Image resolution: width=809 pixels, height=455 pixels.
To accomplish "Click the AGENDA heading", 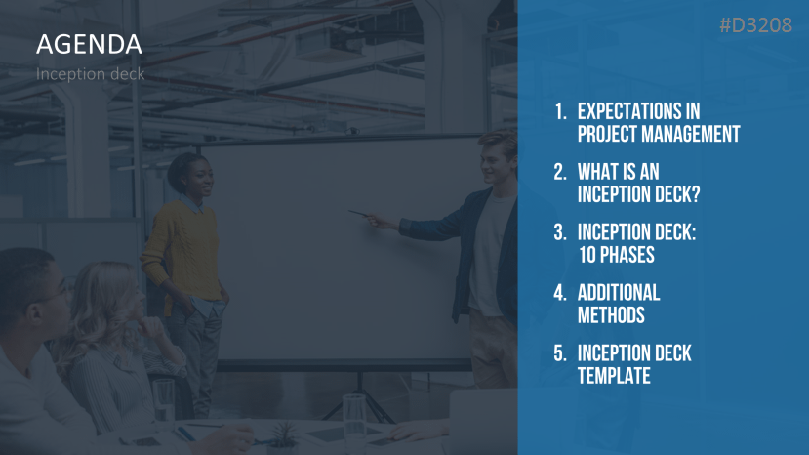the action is click(x=89, y=44).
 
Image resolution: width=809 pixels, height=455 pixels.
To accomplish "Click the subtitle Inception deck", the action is click(x=91, y=74).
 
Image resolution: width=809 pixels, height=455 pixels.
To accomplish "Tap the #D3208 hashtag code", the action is click(x=756, y=25).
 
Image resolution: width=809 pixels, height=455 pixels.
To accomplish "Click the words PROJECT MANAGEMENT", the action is click(x=659, y=135).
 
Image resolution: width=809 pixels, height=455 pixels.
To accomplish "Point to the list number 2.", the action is click(x=560, y=172).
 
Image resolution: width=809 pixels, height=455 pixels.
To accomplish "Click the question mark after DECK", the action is click(x=695, y=194).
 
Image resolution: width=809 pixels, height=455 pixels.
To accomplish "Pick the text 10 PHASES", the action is click(x=617, y=255).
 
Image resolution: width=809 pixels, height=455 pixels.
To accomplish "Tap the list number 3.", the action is click(x=560, y=232).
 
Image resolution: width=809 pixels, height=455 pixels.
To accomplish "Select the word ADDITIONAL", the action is click(x=619, y=293).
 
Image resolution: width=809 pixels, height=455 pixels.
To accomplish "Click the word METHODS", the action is click(x=611, y=315).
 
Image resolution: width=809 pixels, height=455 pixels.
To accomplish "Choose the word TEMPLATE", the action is click(x=614, y=376).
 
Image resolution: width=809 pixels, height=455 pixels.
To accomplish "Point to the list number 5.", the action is click(x=560, y=353).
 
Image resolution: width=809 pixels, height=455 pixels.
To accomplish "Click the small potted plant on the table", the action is click(x=283, y=435).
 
